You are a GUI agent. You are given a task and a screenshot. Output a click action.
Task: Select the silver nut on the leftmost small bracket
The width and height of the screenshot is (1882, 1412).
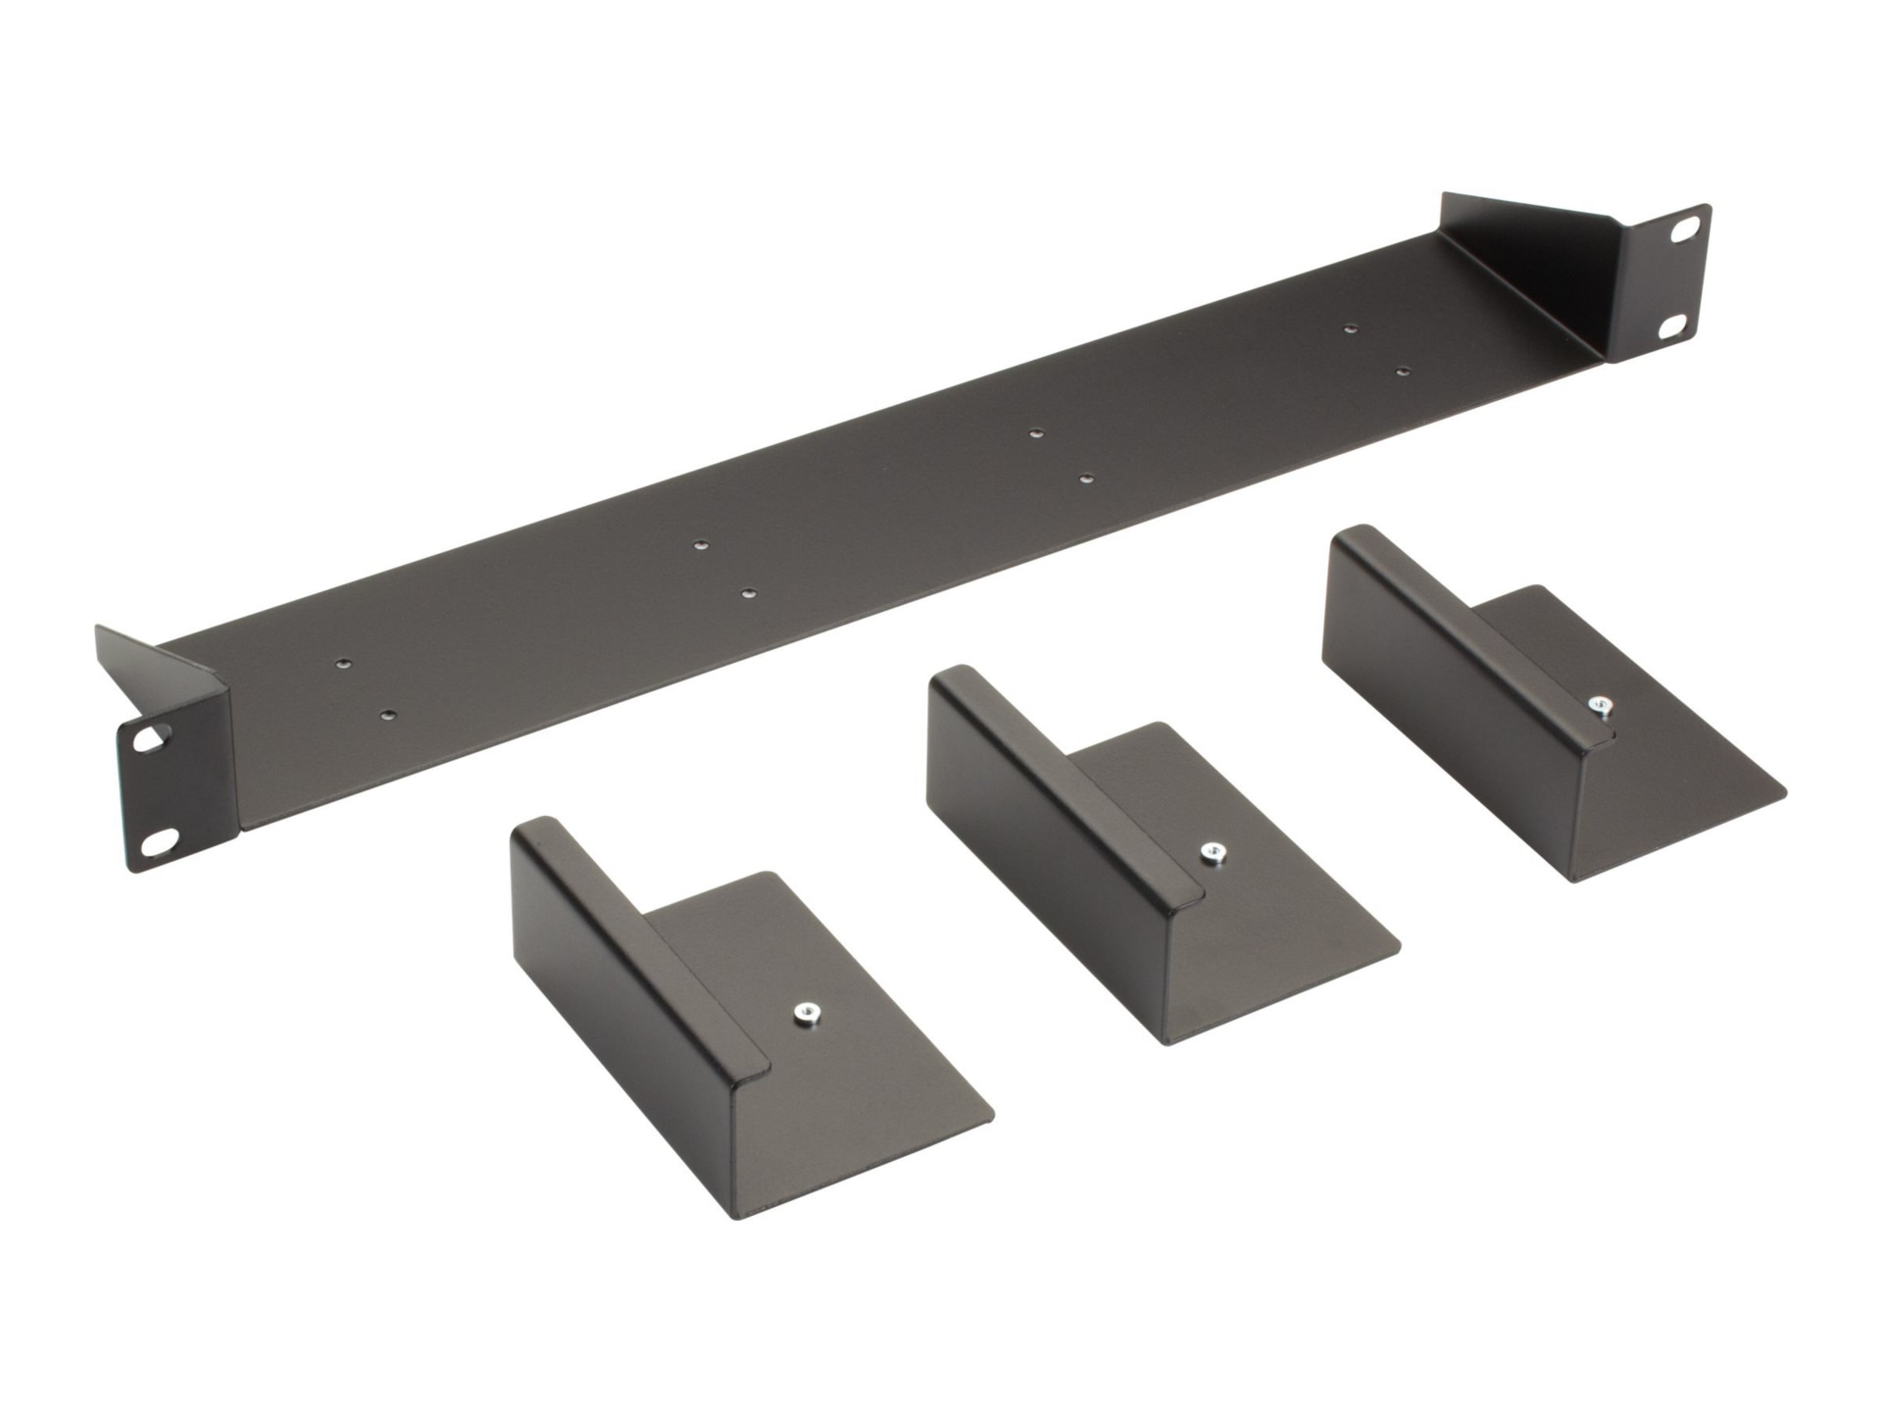[807, 1011]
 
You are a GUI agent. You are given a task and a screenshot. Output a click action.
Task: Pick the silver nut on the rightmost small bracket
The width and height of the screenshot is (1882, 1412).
[1600, 705]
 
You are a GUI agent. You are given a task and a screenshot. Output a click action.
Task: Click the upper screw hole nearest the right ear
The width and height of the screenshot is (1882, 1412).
[1351, 328]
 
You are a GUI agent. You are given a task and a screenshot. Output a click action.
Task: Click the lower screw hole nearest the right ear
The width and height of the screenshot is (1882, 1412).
[1403, 372]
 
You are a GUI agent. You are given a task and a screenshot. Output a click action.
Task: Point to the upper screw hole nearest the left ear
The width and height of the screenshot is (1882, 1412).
[342, 664]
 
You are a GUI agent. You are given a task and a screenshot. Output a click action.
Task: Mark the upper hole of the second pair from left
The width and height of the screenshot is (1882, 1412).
[700, 545]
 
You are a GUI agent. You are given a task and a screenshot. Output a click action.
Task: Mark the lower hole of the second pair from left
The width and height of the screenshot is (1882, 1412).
[748, 593]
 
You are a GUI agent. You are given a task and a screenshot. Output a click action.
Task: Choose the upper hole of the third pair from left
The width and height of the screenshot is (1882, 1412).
[1036, 432]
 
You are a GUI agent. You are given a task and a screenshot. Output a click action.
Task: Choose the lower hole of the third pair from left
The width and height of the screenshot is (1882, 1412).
[1086, 479]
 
